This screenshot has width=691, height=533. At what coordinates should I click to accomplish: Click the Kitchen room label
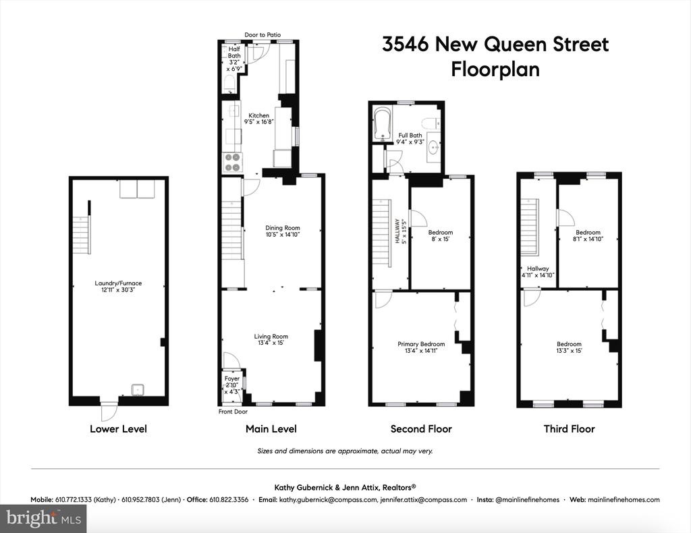click(x=258, y=115)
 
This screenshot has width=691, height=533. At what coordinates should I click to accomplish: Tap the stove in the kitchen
click(x=233, y=162)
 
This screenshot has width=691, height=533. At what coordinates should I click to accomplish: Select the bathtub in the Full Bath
click(x=382, y=123)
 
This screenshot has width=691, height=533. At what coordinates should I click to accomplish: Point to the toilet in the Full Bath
click(x=430, y=123)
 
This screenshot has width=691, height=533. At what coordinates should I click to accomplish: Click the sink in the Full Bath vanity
click(x=434, y=145)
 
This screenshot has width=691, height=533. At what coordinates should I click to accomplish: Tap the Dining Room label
click(x=283, y=228)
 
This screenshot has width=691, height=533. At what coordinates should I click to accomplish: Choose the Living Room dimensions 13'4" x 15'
click(x=271, y=343)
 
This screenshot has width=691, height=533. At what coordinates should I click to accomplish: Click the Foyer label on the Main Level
click(x=232, y=378)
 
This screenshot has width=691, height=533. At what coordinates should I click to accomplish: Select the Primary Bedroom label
click(x=421, y=344)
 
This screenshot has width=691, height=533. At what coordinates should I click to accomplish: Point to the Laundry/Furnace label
click(x=118, y=283)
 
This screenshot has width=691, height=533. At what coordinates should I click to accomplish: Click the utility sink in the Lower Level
click(x=139, y=390)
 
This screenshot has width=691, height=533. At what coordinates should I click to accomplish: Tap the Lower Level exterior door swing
click(x=109, y=412)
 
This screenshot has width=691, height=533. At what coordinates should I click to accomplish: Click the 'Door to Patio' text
click(x=262, y=35)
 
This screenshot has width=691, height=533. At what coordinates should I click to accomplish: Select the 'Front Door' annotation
click(x=233, y=412)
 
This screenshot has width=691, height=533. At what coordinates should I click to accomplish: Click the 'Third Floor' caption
click(x=570, y=428)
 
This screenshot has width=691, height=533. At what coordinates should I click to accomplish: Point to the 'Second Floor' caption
click(x=421, y=428)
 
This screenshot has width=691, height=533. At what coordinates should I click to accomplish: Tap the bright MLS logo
click(x=44, y=517)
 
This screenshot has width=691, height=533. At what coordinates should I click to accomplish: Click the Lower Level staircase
click(x=82, y=235)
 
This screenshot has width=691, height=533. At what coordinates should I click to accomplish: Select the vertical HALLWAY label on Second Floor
click(x=397, y=231)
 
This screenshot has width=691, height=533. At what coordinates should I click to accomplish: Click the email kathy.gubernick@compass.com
click(x=329, y=499)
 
